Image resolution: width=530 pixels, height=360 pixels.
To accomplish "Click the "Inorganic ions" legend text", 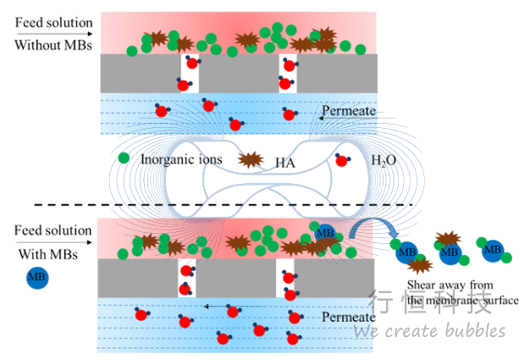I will [180, 159].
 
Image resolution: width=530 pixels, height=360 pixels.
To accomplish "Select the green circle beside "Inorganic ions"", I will [124, 158].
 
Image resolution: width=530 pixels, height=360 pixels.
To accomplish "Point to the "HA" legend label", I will [285, 160].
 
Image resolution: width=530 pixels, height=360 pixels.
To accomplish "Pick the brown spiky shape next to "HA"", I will [251, 158].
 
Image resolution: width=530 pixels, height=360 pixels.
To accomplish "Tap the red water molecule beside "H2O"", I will [343, 159].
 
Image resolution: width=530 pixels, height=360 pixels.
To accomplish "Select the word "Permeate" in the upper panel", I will [348, 111].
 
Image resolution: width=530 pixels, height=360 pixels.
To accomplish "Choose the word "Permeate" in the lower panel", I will [348, 317].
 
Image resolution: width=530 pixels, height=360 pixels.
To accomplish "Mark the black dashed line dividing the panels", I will [220, 205].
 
